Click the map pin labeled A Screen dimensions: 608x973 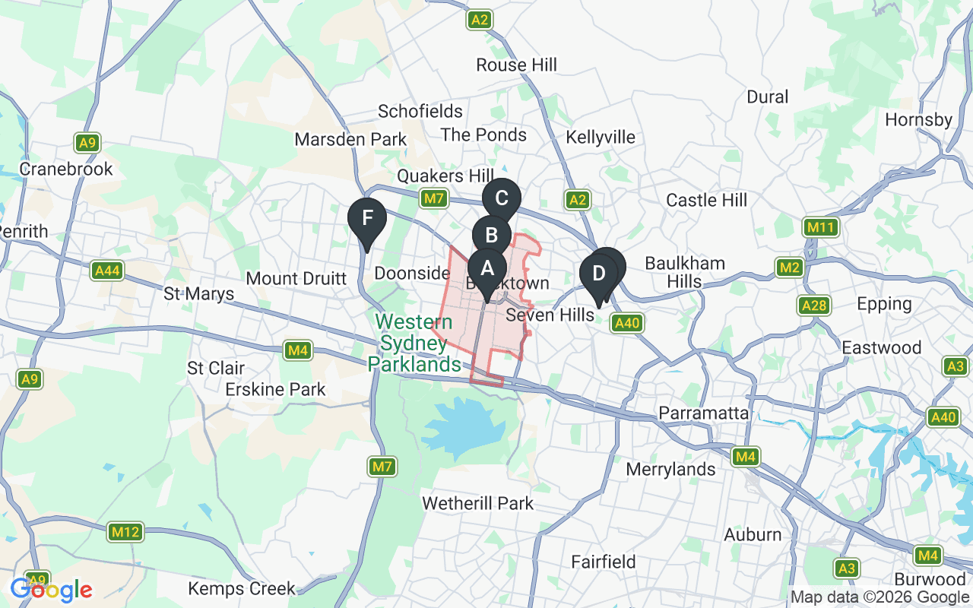click(x=486, y=268)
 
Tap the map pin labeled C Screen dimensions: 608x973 click(x=501, y=198)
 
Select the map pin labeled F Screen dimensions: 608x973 click(x=367, y=218)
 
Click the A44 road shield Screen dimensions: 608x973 click(x=106, y=271)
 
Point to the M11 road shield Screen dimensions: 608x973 click(x=821, y=227)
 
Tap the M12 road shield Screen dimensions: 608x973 click(x=125, y=531)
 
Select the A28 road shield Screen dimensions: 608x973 click(x=814, y=306)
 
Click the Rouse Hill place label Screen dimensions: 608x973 click(x=516, y=65)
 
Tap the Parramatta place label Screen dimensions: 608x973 click(x=704, y=413)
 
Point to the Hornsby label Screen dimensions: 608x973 click(x=918, y=120)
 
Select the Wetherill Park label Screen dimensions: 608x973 click(x=477, y=503)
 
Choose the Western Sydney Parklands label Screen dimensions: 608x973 click(x=414, y=343)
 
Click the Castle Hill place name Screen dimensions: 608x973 click(x=706, y=200)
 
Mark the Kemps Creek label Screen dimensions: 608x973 click(x=241, y=588)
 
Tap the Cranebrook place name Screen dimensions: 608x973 click(x=66, y=169)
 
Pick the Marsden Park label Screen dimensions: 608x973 click(x=350, y=140)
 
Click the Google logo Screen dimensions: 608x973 click(x=51, y=590)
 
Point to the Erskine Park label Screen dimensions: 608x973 click(x=275, y=390)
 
